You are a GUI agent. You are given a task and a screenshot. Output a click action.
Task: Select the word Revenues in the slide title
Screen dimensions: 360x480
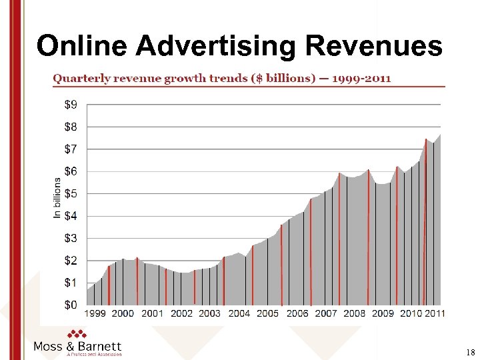point(373,45)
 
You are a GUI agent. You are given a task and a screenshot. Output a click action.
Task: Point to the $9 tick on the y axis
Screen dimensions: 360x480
point(71,104)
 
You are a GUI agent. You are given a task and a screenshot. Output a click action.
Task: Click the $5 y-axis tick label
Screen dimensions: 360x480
point(71,193)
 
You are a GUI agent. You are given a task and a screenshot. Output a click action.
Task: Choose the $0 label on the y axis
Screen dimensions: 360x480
point(71,305)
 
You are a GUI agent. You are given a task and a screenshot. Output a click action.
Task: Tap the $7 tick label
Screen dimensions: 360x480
point(71,149)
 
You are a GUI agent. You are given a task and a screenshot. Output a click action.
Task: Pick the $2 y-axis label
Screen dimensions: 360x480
point(71,260)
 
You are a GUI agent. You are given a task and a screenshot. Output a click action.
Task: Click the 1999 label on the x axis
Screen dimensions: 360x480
point(95,313)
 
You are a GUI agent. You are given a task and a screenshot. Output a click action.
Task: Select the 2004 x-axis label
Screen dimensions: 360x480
point(239,313)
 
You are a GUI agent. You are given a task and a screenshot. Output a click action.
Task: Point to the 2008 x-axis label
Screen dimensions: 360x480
point(355,313)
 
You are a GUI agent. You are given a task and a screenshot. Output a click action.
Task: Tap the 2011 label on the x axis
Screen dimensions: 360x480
point(435,313)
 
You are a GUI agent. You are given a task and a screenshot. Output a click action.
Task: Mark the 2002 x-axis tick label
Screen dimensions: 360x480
point(181,313)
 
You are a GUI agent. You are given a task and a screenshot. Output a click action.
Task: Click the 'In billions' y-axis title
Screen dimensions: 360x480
point(57,197)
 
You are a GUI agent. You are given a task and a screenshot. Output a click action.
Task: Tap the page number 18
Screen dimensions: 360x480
point(470,351)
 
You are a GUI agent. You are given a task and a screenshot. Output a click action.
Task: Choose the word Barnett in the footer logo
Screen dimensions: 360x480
point(99,346)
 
